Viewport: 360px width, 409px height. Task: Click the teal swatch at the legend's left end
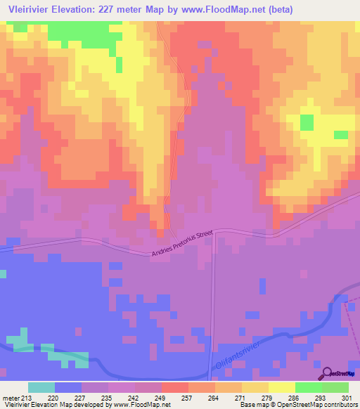[41, 387]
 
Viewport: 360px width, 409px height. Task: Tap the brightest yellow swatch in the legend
[282, 387]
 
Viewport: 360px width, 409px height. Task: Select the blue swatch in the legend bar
[68, 387]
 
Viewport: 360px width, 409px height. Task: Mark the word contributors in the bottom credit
[342, 405]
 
